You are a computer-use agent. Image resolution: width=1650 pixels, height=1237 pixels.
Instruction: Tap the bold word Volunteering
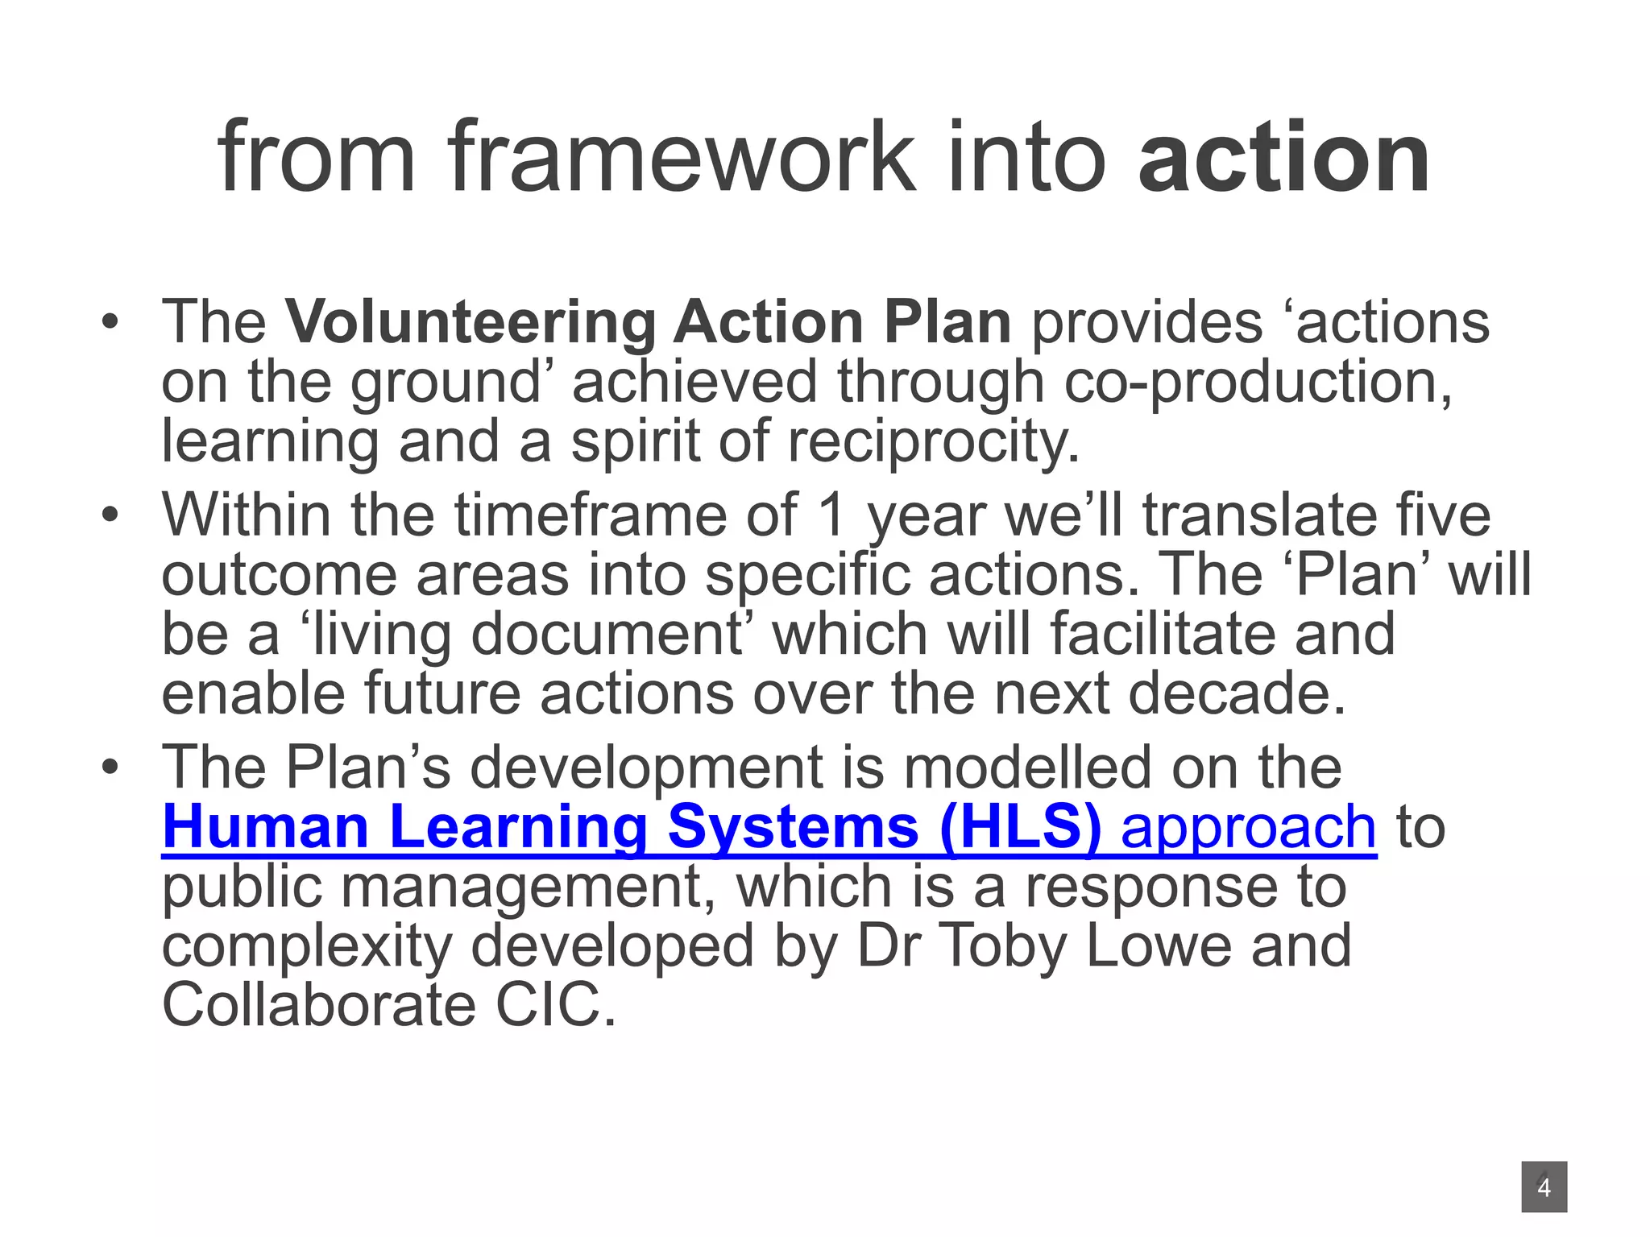[x=470, y=322]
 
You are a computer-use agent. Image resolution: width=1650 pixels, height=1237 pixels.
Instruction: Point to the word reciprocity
[x=933, y=441]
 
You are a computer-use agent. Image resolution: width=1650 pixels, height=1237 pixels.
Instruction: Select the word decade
[x=1236, y=693]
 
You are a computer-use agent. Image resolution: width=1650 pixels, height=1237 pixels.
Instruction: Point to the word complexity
[x=306, y=946]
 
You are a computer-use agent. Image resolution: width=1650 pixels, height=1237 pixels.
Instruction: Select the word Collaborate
[x=319, y=1006]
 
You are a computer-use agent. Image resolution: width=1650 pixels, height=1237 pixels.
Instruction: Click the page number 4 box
[x=1544, y=1187]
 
